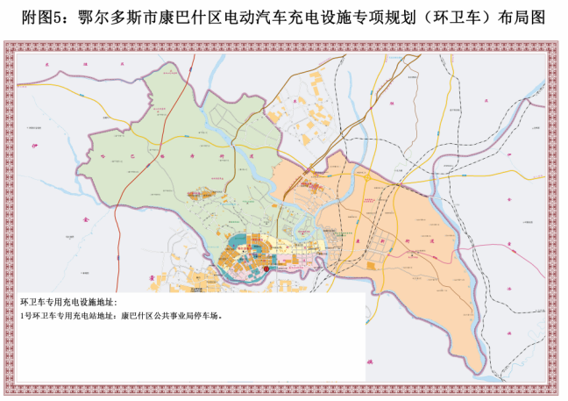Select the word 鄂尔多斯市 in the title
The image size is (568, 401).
[x=108, y=18]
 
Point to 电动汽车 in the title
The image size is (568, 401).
[x=255, y=18]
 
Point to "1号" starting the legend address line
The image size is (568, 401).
[x=25, y=316]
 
